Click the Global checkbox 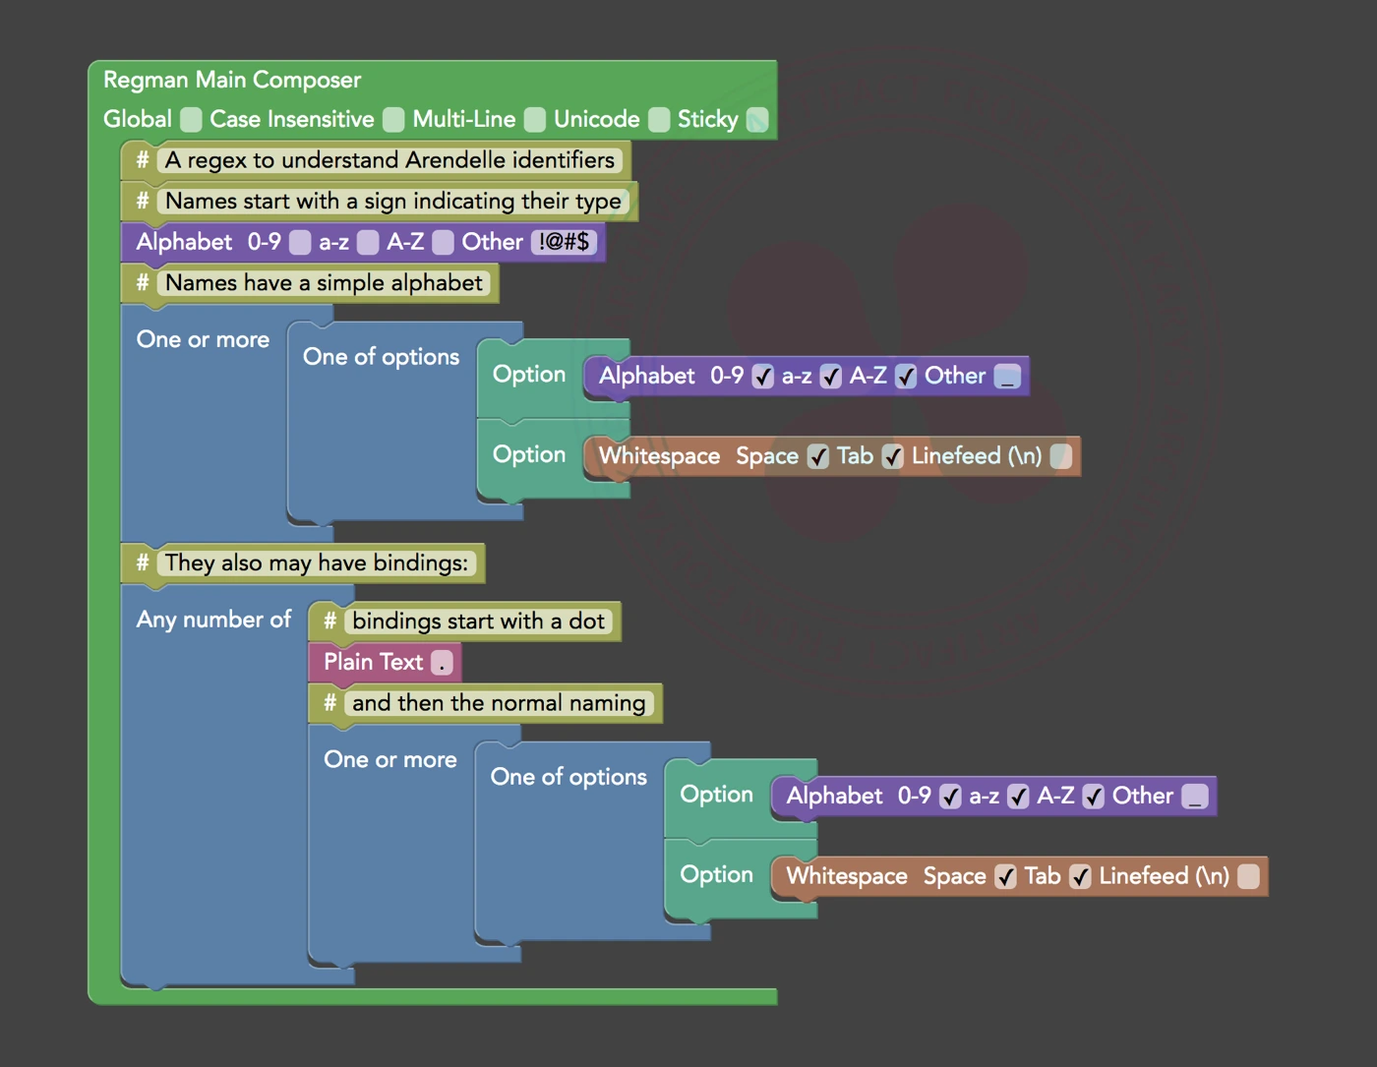(191, 120)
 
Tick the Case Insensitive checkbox (393, 120)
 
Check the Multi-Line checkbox (534, 120)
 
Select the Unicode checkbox (659, 120)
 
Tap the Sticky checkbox (756, 120)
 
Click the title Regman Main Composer (232, 80)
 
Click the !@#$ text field (564, 242)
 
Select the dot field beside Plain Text (443, 663)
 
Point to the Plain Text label (373, 662)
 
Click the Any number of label (213, 620)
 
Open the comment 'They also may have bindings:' (316, 563)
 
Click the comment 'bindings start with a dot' (478, 621)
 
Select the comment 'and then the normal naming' (499, 703)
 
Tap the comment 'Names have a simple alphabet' (324, 283)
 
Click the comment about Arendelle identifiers (389, 160)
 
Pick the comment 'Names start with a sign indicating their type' (392, 202)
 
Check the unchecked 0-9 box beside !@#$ (300, 242)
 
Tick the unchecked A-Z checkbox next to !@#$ (444, 242)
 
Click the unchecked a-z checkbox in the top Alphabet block (368, 242)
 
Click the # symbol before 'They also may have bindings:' (142, 563)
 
